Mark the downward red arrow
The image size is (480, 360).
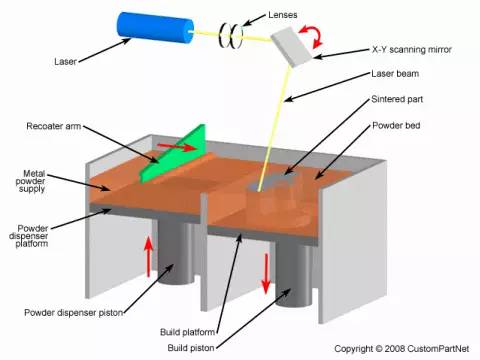(x=267, y=273)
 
